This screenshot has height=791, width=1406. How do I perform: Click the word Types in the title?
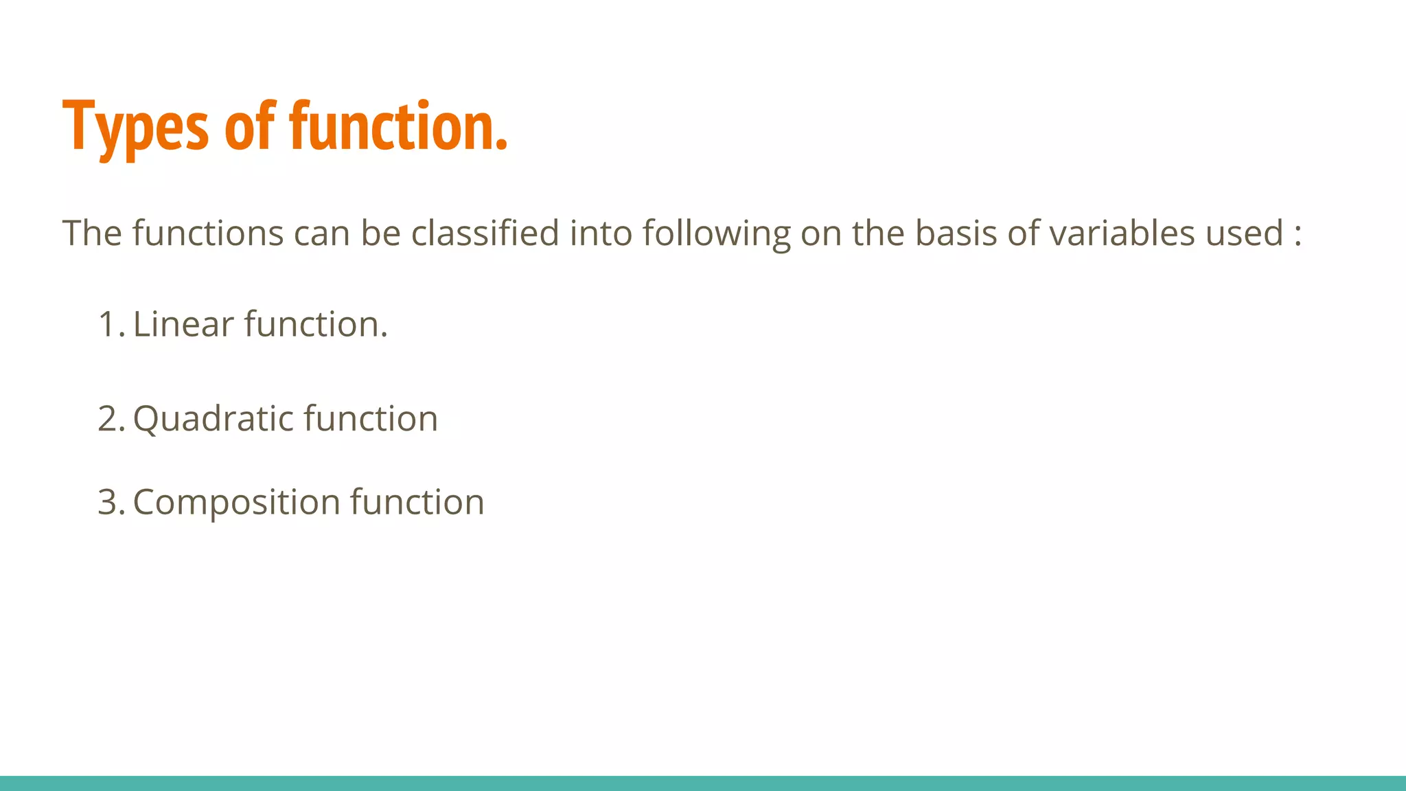pyautogui.click(x=135, y=127)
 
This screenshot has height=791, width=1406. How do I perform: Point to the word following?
pyautogui.click(x=716, y=234)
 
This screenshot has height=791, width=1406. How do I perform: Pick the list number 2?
pyautogui.click(x=110, y=419)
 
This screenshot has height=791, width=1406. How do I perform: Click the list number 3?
pyautogui.click(x=110, y=502)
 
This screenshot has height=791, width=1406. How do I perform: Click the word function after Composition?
pyautogui.click(x=417, y=502)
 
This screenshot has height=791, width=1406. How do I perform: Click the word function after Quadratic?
pyautogui.click(x=371, y=419)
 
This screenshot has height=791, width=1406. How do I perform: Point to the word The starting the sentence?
pyautogui.click(x=92, y=233)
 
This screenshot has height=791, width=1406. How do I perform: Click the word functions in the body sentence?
pyautogui.click(x=207, y=233)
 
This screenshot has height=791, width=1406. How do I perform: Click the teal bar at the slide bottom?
pyautogui.click(x=703, y=783)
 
